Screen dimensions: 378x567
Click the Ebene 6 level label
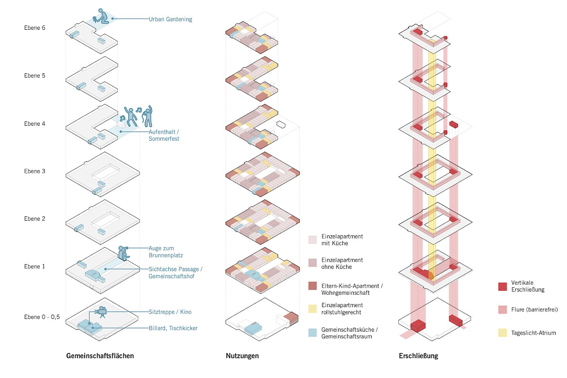tap(35, 28)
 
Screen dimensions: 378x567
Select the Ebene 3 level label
tap(35, 171)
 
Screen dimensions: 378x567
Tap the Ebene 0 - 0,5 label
tap(42, 317)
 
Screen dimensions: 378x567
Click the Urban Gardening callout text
tap(170, 19)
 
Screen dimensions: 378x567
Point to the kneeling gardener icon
tap(101, 16)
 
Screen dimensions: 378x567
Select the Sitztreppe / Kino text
tap(170, 312)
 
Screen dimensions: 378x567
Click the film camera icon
tap(101, 312)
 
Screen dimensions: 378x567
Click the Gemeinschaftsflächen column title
tap(100, 356)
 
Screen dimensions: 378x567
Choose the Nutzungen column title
tap(242, 356)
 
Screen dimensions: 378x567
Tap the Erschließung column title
tap(419, 356)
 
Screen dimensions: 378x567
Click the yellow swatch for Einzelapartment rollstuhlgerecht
tap(313, 309)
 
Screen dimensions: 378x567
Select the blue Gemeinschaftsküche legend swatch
tap(313, 332)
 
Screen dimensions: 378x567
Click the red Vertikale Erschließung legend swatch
tap(503, 286)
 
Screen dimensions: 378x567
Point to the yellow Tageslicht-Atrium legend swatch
tap(503, 333)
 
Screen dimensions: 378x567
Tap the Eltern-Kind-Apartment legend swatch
tap(313, 286)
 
